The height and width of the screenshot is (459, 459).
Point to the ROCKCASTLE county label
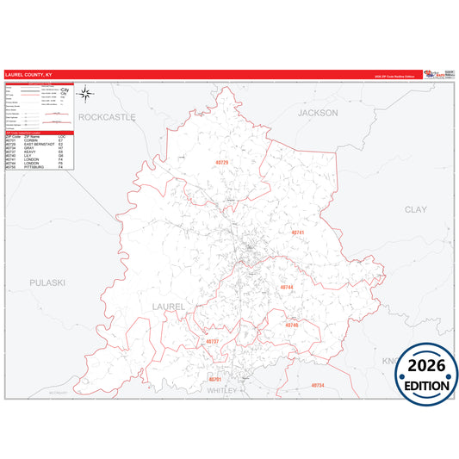tap(108, 115)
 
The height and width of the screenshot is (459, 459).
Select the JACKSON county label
tap(318, 113)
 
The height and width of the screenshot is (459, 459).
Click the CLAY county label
tap(415, 209)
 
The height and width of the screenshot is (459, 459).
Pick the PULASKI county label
tap(46, 282)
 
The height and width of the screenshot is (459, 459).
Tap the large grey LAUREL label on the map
tap(168, 306)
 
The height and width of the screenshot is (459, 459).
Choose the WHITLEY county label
tap(223, 390)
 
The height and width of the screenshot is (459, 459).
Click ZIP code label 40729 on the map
tap(222, 162)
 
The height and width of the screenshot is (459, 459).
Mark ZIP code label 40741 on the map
tap(298, 233)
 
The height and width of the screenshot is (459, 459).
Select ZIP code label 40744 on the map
tap(287, 288)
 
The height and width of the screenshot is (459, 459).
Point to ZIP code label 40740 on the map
tap(291, 326)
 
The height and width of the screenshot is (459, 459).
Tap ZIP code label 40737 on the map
tap(213, 342)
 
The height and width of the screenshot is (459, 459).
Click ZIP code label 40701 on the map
tap(215, 379)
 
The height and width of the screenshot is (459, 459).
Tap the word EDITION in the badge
tap(426, 386)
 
